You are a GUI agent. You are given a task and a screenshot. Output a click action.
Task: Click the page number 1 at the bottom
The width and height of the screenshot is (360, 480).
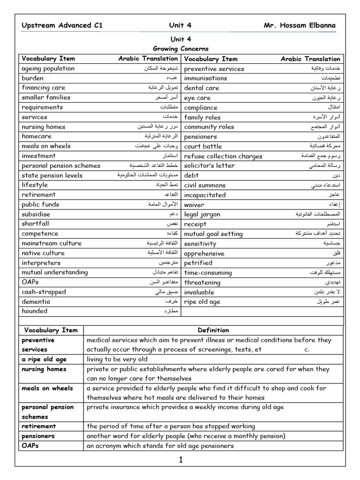(180, 460)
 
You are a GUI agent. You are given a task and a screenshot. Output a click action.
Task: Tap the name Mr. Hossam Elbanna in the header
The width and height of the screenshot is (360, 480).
(300, 25)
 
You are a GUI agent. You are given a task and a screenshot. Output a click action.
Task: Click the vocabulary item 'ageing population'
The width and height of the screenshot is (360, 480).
(48, 68)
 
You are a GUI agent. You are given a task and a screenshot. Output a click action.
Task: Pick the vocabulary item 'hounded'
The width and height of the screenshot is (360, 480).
(35, 311)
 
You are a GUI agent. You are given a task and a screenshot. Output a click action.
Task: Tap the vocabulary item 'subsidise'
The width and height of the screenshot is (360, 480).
(37, 214)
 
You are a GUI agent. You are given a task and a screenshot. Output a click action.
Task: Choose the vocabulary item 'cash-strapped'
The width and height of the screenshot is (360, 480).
(44, 292)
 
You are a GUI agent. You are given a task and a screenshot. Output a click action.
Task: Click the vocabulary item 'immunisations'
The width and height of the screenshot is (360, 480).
(208, 78)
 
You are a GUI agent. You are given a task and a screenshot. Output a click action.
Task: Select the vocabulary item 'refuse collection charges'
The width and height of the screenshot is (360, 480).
(223, 156)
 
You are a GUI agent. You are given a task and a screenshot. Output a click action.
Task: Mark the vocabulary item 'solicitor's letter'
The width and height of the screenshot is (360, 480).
(210, 165)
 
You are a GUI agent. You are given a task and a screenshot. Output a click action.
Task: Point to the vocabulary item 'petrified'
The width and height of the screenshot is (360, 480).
(198, 263)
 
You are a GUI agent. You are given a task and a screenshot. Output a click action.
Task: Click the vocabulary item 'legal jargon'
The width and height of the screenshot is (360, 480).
(202, 214)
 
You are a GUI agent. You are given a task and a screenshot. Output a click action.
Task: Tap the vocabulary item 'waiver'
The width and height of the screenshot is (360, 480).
(194, 205)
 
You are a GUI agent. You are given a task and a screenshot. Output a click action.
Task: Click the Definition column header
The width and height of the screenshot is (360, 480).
(213, 330)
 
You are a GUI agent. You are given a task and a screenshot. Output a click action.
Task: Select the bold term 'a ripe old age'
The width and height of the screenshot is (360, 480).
(44, 360)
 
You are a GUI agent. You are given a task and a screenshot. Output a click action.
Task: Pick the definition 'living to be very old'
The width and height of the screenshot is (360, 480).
(117, 360)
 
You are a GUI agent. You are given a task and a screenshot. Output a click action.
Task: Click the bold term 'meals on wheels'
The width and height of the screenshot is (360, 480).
(47, 388)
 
